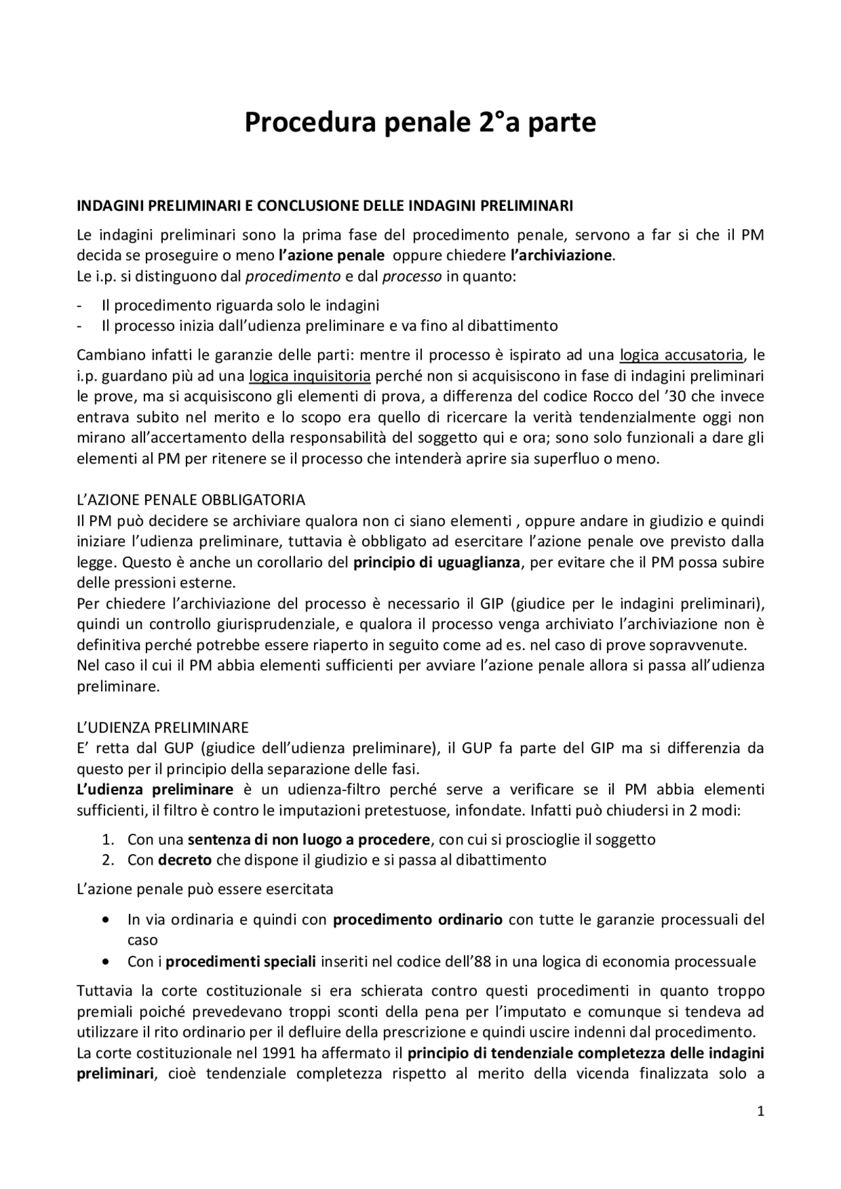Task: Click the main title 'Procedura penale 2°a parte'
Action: pos(420,123)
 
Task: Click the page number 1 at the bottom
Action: pos(761,1111)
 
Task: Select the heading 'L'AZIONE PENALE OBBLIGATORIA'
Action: pos(191,500)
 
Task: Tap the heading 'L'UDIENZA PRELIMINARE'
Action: pos(163,727)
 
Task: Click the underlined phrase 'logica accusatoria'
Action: pos(681,355)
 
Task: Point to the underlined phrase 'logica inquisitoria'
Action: pos(309,376)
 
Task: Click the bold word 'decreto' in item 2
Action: pos(185,859)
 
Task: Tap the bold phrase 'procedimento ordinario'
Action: pos(418,919)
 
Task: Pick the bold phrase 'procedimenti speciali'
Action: pos(240,962)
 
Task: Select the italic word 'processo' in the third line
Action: pos(412,276)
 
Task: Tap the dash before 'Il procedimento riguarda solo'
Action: pos(80,305)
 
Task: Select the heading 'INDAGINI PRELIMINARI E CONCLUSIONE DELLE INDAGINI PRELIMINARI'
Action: pos(325,205)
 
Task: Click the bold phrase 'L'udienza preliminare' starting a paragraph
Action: pos(155,789)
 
